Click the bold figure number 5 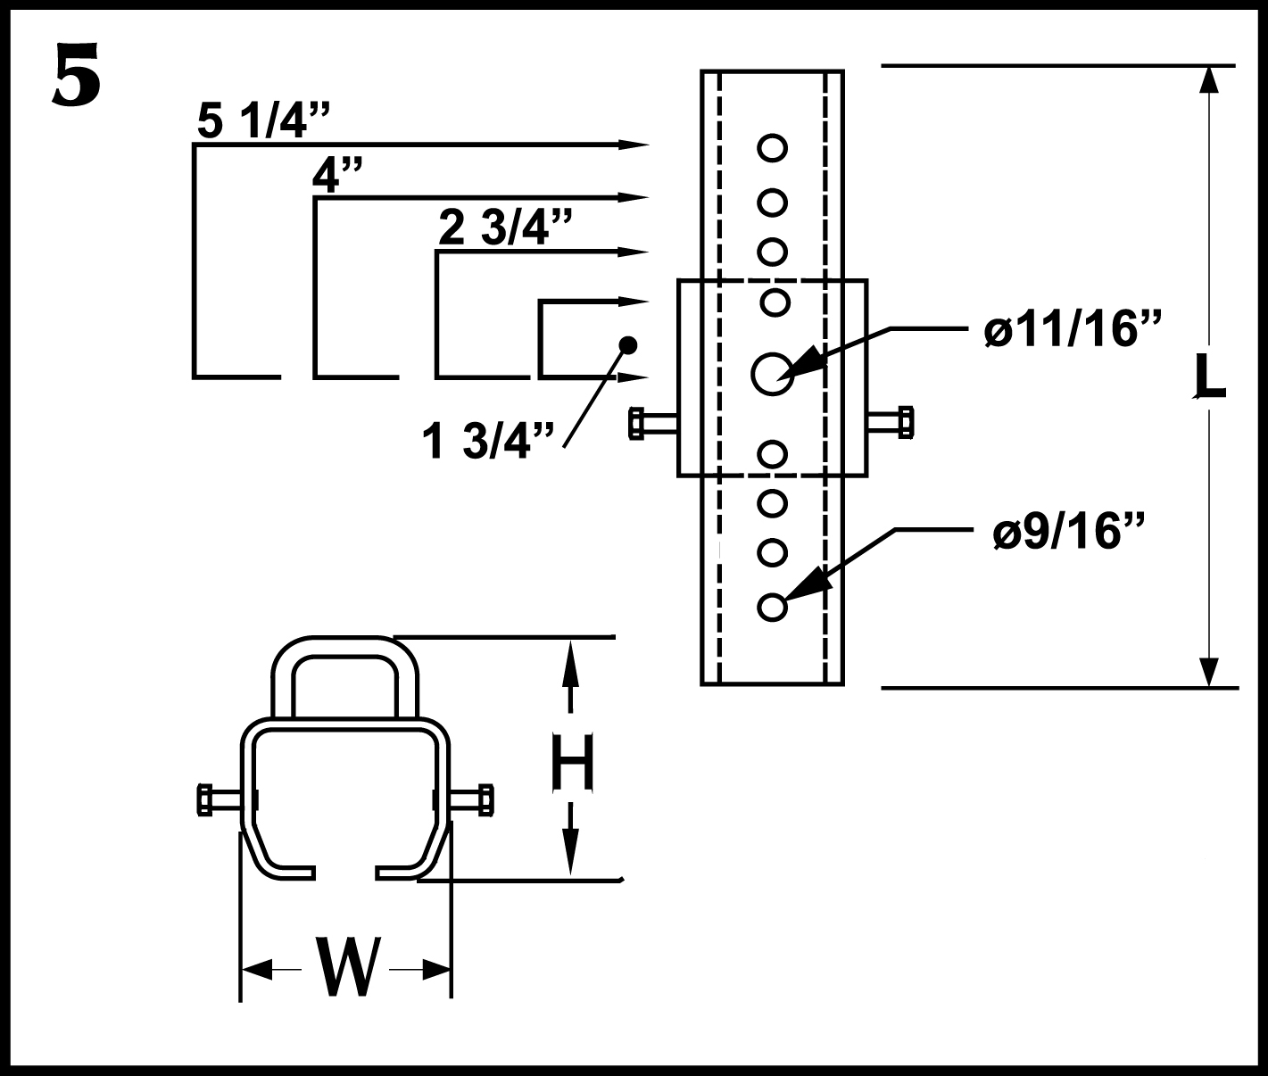coord(77,75)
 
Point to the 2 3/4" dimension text coord(505,228)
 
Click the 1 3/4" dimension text coord(488,441)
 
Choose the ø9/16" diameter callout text coord(1067,531)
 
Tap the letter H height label coord(572,763)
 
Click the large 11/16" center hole coord(773,374)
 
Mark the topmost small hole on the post coord(773,148)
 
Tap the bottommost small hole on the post coord(773,608)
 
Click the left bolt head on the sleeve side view coord(637,423)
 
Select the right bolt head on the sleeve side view coord(906,422)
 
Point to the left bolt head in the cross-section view coord(205,800)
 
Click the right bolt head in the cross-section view coord(485,800)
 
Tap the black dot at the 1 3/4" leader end coord(627,345)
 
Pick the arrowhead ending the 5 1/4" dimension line coord(634,145)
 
